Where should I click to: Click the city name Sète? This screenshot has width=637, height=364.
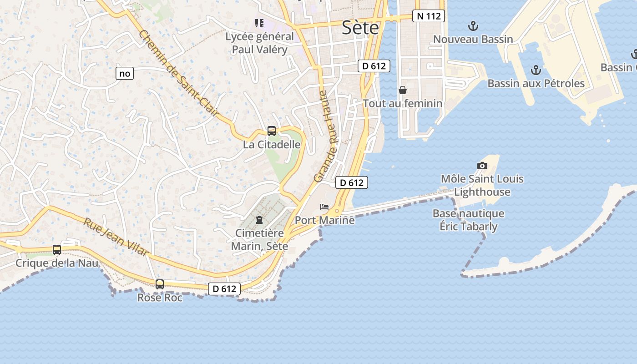coord(360,28)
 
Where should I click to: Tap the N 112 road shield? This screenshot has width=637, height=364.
coord(429,16)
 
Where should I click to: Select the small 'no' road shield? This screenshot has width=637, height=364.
coord(125,73)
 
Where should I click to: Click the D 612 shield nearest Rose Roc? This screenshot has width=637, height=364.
coord(224,288)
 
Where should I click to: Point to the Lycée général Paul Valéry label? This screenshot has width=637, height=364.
coord(259,43)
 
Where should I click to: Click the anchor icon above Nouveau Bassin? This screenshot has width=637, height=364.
coord(473,25)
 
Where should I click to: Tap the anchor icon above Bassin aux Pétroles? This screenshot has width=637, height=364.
coord(536,70)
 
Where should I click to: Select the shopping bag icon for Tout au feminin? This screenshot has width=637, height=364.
coord(403,90)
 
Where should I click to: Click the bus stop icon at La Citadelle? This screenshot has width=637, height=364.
coord(272,131)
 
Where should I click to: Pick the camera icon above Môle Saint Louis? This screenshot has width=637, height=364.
coord(482,166)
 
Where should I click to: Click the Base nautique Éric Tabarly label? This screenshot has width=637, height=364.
coord(468,220)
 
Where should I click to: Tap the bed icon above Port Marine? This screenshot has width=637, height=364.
coord(324,207)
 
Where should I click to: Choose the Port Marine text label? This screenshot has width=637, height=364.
coord(324,220)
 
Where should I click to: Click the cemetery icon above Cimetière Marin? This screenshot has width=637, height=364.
coord(259,220)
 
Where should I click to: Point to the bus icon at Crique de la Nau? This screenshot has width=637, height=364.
coord(57,249)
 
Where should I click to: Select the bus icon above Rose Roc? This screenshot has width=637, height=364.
coord(160,284)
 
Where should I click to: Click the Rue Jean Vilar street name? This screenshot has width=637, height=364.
coord(116,237)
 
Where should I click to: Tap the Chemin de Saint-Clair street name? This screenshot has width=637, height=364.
coord(179,73)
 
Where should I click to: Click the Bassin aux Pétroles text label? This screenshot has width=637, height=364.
coord(536,83)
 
